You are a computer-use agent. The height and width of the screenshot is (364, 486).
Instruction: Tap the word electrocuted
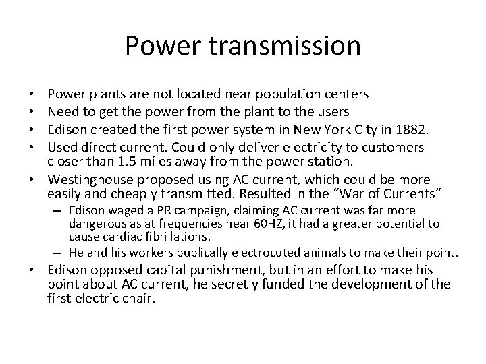click(265, 253)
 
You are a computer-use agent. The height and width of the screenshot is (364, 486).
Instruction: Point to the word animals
click(333, 253)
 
